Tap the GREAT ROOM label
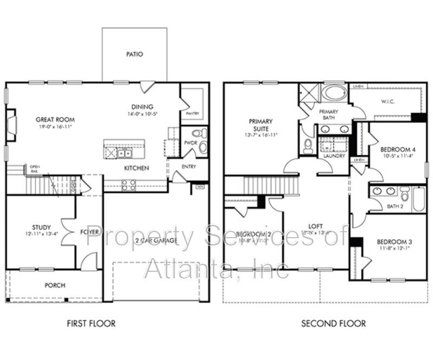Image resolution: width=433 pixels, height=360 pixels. point(55,120)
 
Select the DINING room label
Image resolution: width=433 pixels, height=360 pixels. point(142,107)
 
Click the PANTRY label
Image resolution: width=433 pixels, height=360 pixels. point(192,114)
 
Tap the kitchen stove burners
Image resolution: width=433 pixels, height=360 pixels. point(129,185)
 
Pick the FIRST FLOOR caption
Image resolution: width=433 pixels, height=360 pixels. point(91,324)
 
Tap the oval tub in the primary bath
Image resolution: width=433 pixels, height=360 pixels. point(334,93)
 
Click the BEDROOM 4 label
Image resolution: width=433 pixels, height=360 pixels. point(398,149)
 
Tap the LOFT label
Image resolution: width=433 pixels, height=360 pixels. point(316,226)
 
